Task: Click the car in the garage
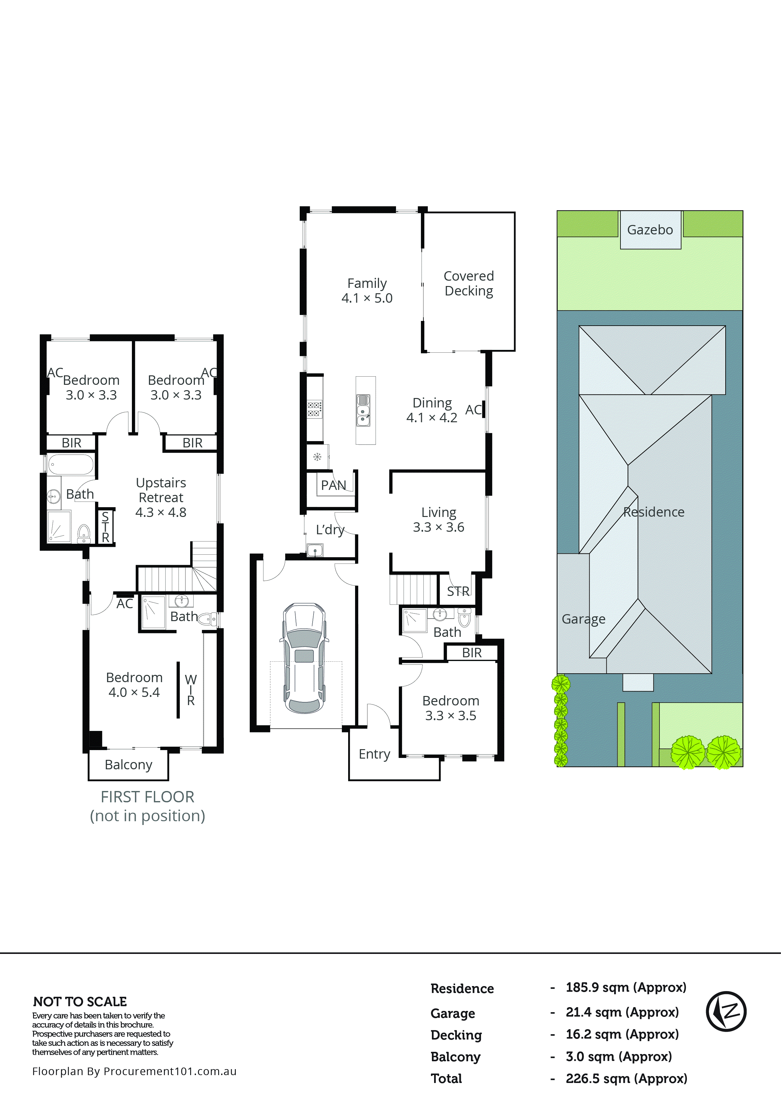click(304, 658)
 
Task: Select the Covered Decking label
click(468, 283)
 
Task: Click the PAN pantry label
click(333, 485)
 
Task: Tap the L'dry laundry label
click(330, 530)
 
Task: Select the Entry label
click(374, 754)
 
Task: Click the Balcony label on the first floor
click(128, 765)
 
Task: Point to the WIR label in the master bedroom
click(191, 690)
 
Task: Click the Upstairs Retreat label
click(161, 497)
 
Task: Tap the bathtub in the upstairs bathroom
click(71, 465)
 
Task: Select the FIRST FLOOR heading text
click(147, 797)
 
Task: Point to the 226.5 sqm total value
click(626, 1079)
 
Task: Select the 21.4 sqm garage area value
click(622, 1012)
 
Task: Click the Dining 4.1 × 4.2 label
click(432, 410)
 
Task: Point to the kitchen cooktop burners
click(314, 409)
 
